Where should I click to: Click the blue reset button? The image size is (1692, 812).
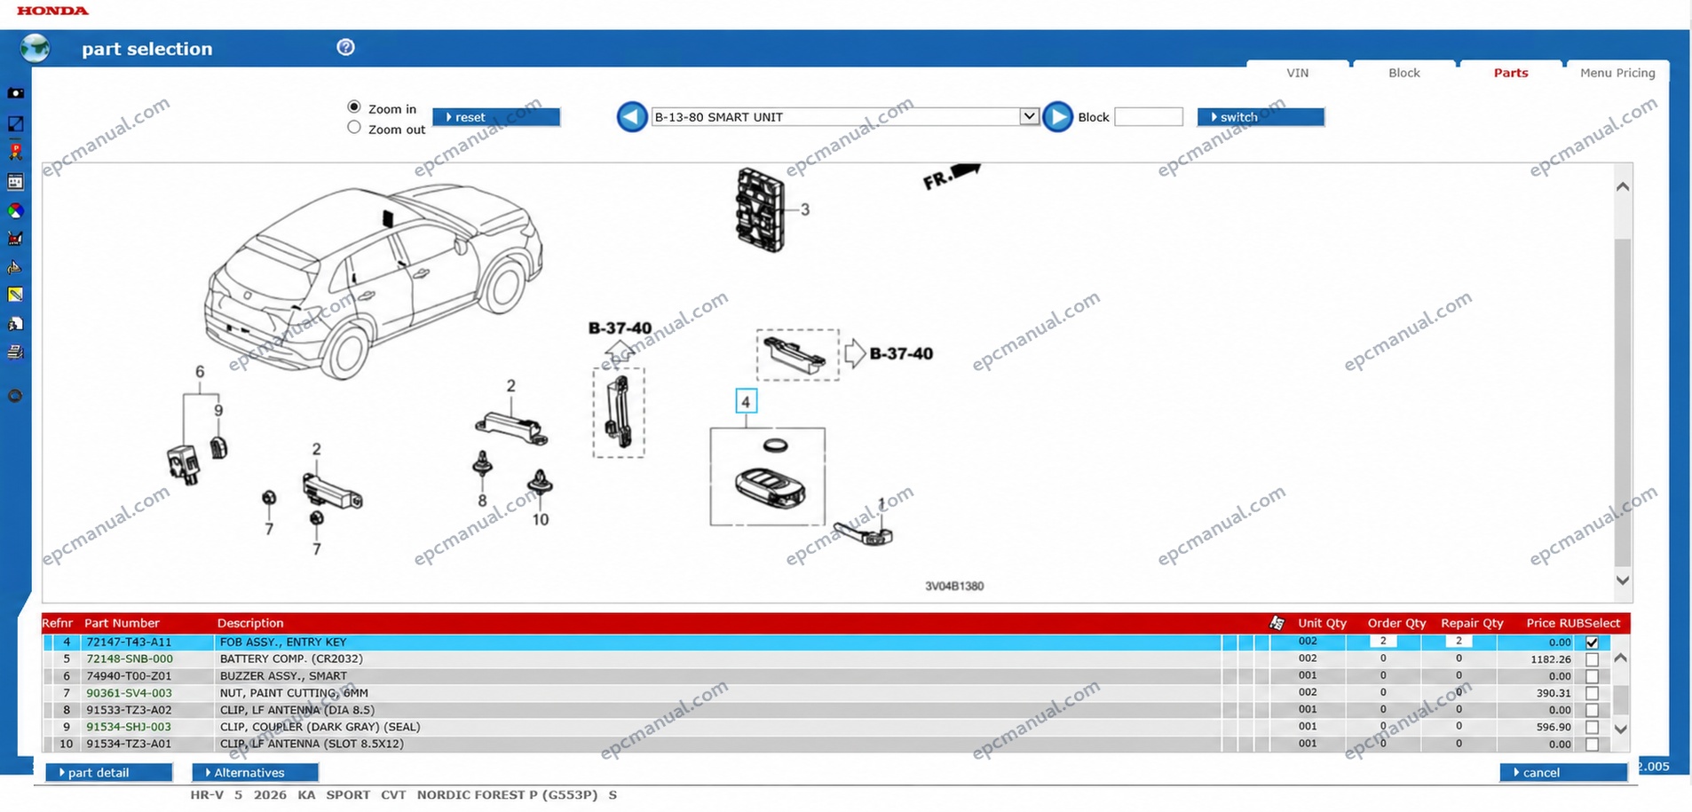pos(495,117)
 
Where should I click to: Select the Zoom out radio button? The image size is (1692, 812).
pos(354,128)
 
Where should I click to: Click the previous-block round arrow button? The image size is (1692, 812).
pos(632,117)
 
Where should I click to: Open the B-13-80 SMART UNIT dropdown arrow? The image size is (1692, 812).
pos(1029,116)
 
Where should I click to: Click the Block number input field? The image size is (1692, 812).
pos(1149,117)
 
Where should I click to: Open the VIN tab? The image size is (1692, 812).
pos(1298,73)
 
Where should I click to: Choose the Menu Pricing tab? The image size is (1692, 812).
pos(1617,73)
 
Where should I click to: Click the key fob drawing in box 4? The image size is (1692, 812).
pos(771,487)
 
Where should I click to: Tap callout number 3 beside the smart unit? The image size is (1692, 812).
pos(805,209)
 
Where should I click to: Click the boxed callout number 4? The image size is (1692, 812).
pos(746,402)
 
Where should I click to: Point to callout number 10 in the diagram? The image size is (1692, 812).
pos(541,520)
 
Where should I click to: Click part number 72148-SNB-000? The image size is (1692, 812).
pos(130,659)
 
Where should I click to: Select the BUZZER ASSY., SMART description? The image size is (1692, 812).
pos(283,676)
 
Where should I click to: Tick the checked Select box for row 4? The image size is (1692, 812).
pos(1592,643)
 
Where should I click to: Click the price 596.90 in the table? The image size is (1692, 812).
pos(1554,727)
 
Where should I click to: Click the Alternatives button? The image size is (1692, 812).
pos(256,773)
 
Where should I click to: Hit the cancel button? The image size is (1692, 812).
pos(1563,773)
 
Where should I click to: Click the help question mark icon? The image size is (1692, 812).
pos(346,48)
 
